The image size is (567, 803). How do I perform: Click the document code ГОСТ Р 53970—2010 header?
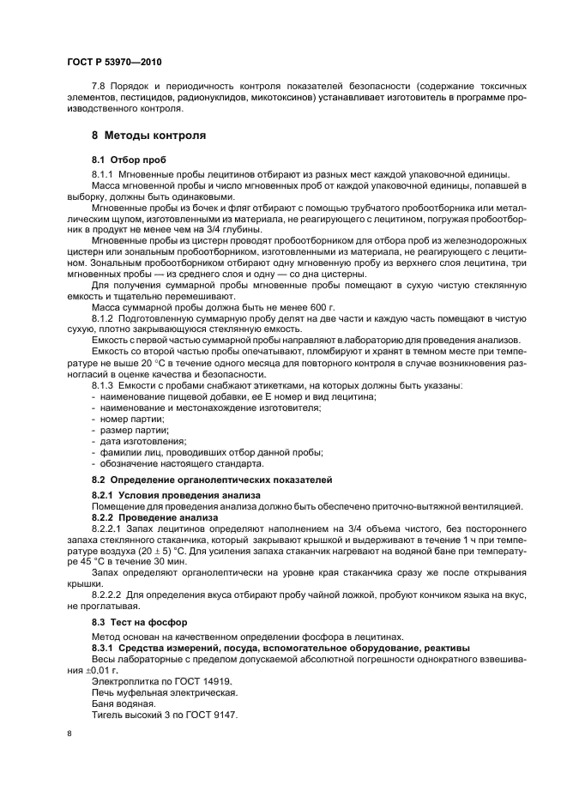[113, 63]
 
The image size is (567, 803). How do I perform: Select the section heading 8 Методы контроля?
[148, 136]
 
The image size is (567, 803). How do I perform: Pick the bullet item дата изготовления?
[136, 440]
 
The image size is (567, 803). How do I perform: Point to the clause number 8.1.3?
[105, 385]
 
